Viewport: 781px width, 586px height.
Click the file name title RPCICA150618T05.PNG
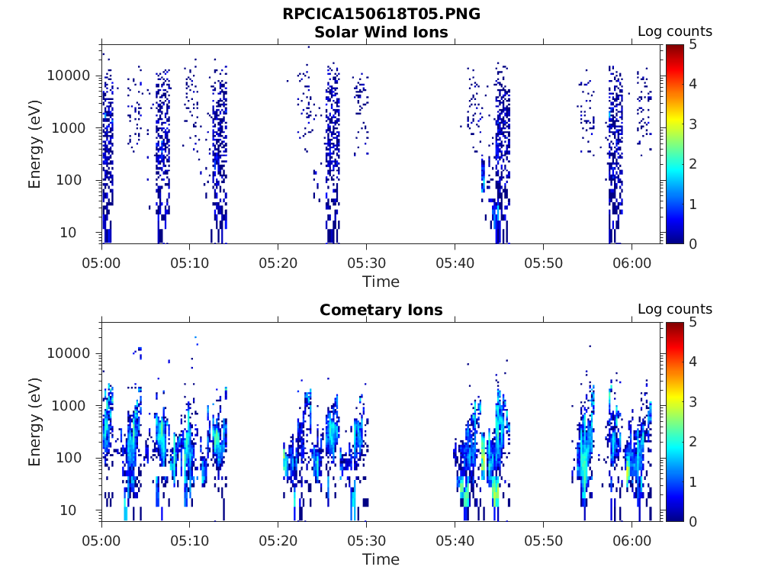(381, 14)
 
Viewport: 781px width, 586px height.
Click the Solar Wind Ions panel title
(381, 32)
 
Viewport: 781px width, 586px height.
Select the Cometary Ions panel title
(381, 310)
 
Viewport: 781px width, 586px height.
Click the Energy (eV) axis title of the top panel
(35, 144)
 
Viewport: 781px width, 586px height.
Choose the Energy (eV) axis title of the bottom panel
(35, 422)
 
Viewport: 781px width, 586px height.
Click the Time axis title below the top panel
(381, 282)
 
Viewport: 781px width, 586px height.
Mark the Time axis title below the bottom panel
(381, 559)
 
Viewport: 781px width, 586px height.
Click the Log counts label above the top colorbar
(675, 32)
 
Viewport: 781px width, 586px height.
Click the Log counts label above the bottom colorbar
(675, 310)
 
